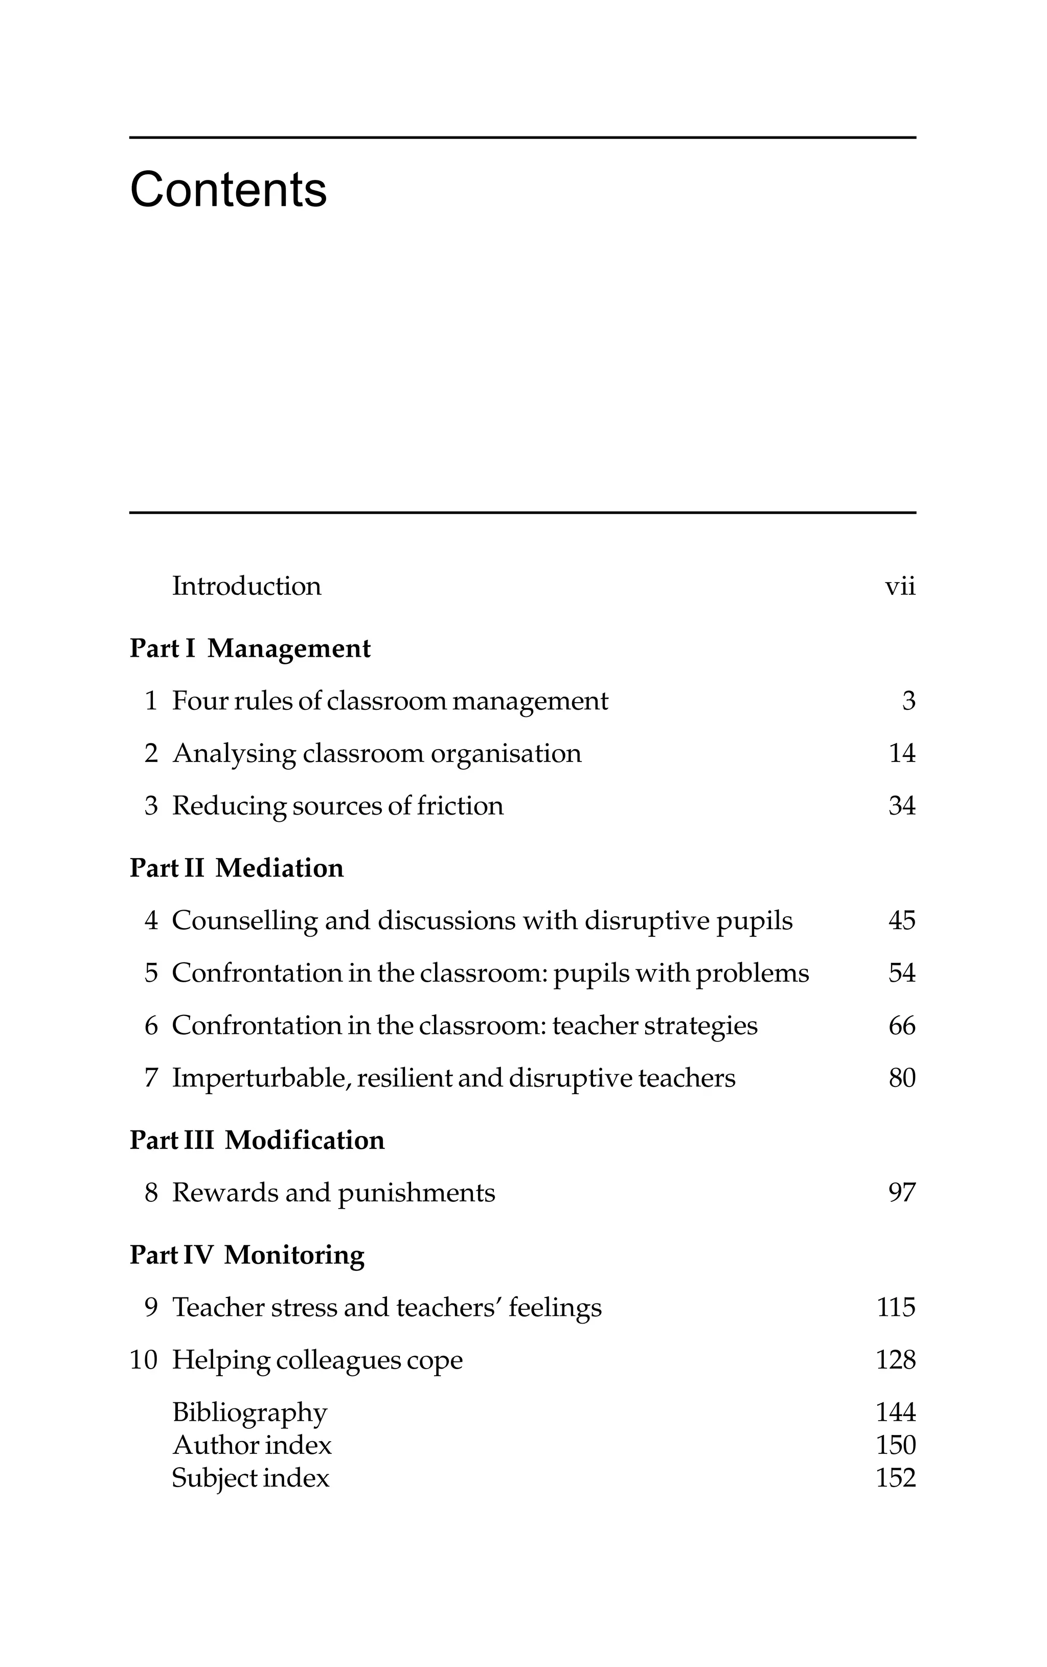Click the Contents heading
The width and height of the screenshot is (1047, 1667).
(228, 190)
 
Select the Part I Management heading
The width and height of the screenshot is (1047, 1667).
(250, 649)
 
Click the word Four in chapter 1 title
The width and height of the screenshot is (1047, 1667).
(199, 701)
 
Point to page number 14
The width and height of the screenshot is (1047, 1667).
(902, 753)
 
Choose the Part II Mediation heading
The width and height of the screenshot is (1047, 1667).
(236, 868)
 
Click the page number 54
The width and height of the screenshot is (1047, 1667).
(902, 973)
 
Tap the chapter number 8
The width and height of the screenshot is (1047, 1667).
(151, 1193)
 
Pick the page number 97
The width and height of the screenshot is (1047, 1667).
(902, 1193)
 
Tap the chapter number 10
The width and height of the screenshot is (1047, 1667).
(144, 1360)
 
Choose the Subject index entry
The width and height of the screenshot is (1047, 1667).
(250, 1477)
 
